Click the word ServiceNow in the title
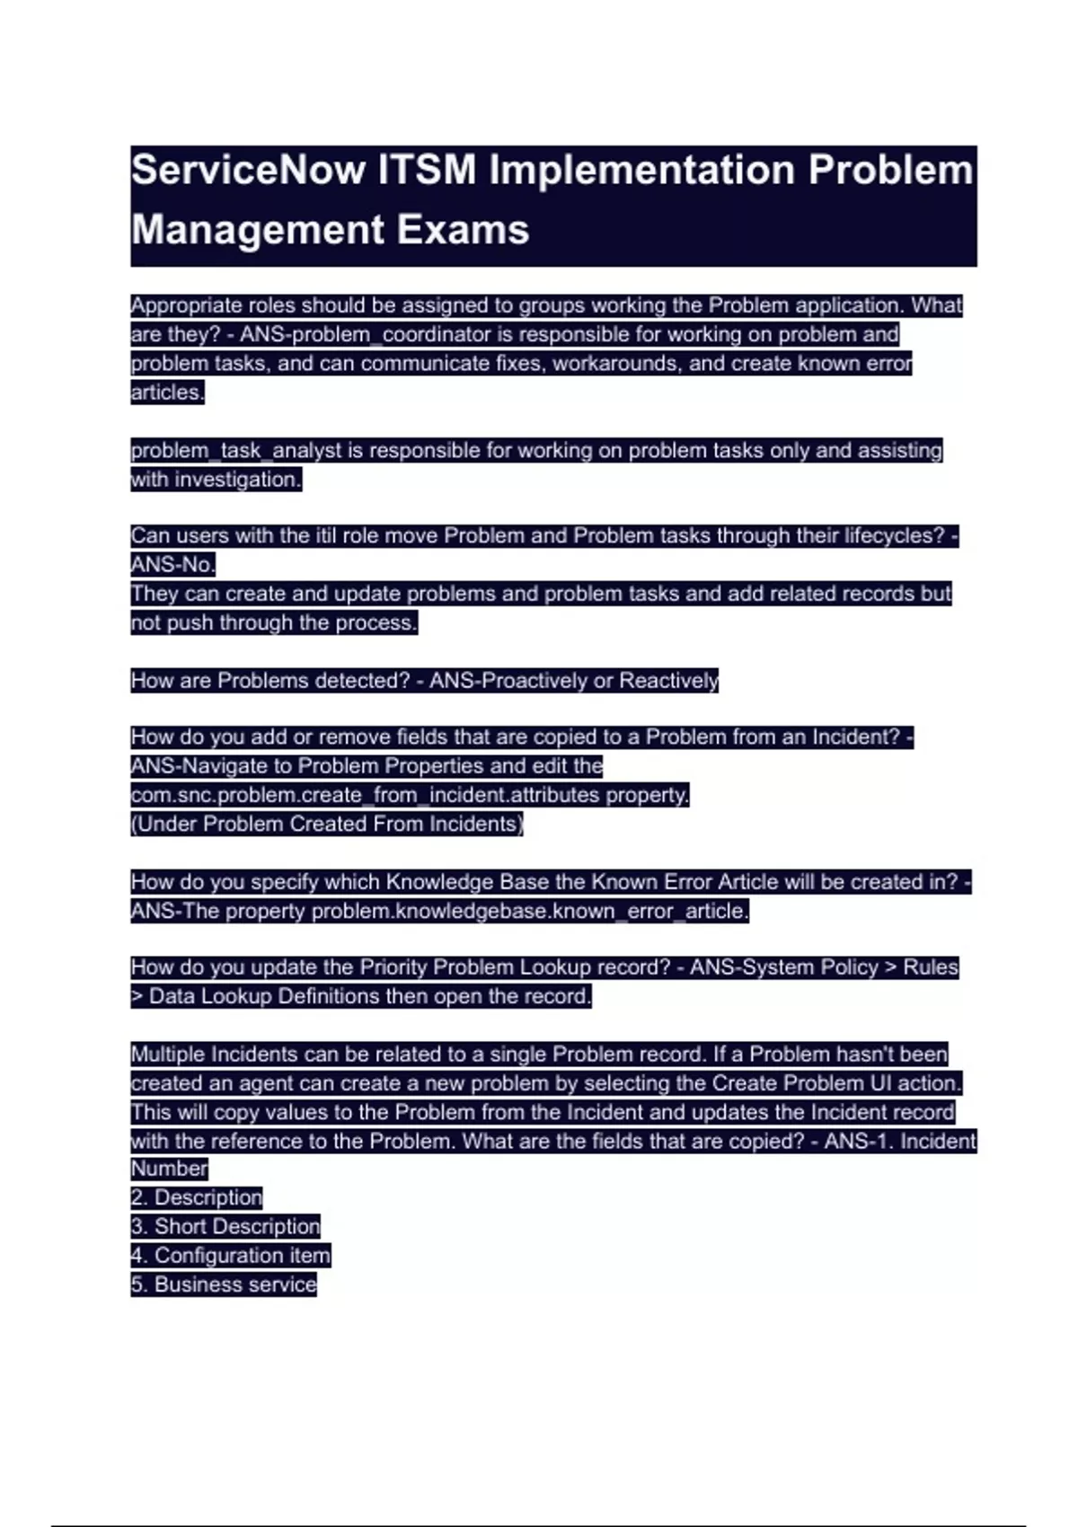pyautogui.click(x=249, y=171)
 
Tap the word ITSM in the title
pyautogui.click(x=427, y=171)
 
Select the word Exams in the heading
pyautogui.click(x=462, y=230)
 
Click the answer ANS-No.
pyautogui.click(x=172, y=565)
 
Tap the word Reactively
pyautogui.click(x=668, y=681)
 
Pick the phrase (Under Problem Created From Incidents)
pyautogui.click(x=327, y=825)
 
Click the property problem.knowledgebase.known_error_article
pyautogui.click(x=528, y=911)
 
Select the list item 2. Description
pyautogui.click(x=197, y=1197)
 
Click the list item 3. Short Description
pyautogui.click(x=225, y=1227)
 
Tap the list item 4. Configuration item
pyautogui.click(x=231, y=1256)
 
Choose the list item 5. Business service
pyautogui.click(x=224, y=1284)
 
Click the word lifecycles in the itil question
pyautogui.click(x=894, y=536)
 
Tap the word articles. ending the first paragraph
pyautogui.click(x=167, y=393)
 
